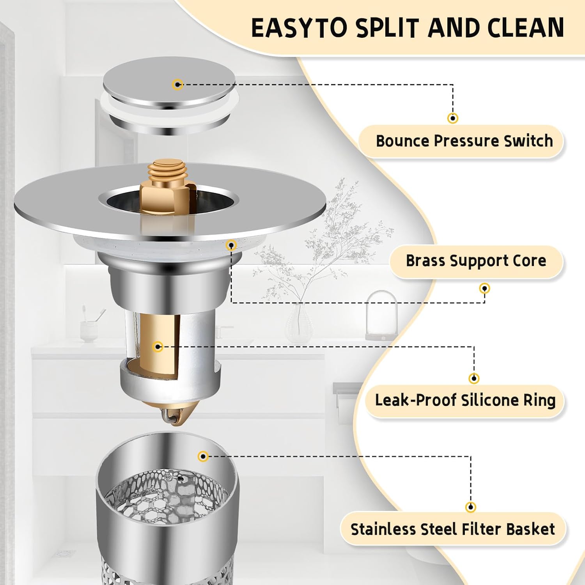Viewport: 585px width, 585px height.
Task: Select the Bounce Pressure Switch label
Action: (x=464, y=141)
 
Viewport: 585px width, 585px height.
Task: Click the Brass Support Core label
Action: (x=476, y=261)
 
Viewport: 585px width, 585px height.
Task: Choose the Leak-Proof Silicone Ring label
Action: (x=465, y=400)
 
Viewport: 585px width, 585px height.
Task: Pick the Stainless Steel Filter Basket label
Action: (x=452, y=529)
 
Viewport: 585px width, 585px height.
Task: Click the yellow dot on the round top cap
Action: (x=178, y=84)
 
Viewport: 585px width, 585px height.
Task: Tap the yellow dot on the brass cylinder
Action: (x=158, y=346)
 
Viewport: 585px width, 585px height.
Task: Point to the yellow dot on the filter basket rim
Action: (x=203, y=456)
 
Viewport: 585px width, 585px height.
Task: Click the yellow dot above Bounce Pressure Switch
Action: (x=452, y=118)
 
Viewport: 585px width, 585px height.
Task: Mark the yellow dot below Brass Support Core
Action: (x=484, y=289)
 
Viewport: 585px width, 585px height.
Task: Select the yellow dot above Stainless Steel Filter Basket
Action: (x=471, y=507)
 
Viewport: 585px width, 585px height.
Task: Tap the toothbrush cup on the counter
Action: (x=89, y=331)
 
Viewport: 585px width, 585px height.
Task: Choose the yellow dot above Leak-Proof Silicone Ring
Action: (x=474, y=378)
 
